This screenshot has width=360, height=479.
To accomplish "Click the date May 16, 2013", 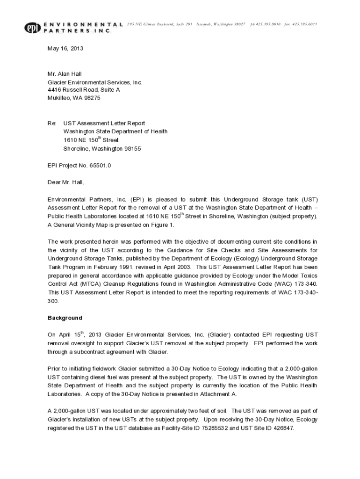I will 65,48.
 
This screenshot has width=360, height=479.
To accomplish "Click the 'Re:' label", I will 52,123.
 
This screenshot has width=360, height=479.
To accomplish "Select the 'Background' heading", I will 65,318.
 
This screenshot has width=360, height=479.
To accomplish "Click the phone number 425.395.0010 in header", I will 268,24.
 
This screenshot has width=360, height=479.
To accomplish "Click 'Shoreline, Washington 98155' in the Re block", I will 102,149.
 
